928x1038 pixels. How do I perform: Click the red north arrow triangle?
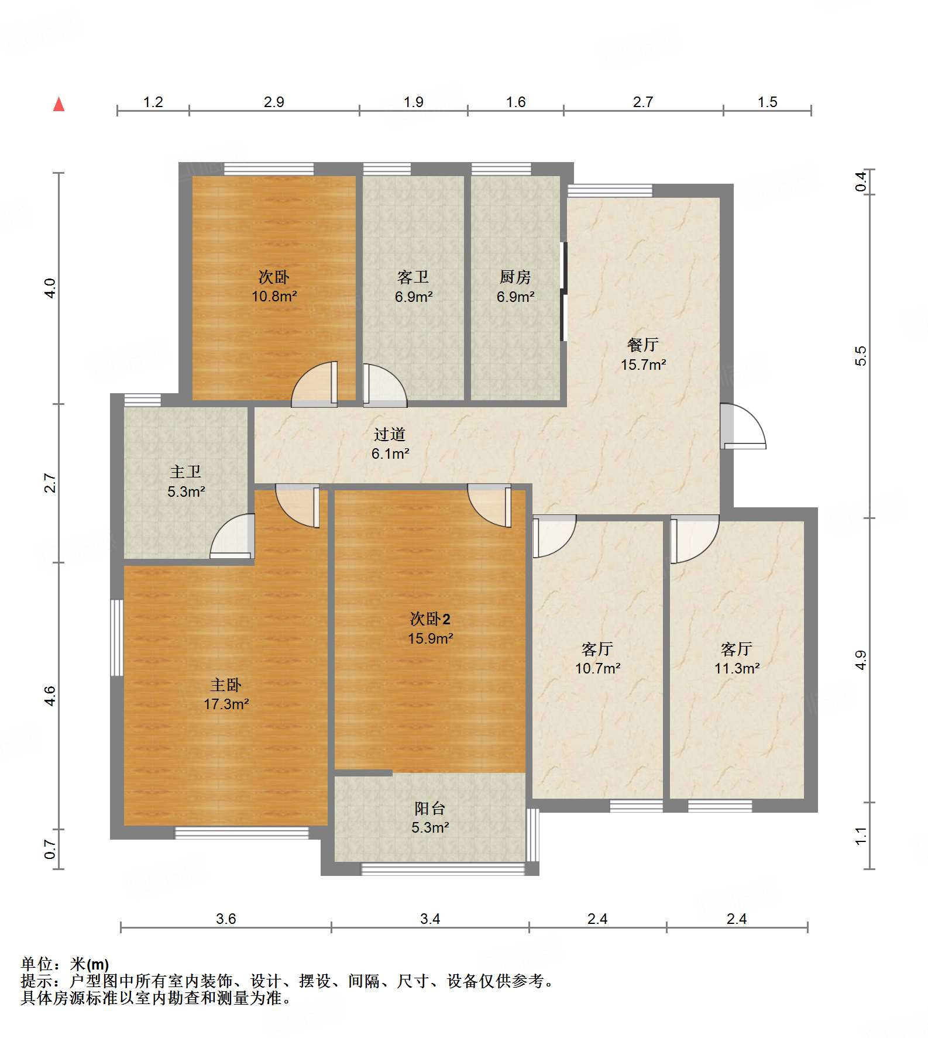(59, 104)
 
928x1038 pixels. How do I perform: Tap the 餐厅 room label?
(643, 345)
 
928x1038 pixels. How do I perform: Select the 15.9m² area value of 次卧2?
(431, 638)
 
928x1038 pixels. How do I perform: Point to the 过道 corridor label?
(390, 434)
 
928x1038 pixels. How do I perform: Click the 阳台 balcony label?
(430, 808)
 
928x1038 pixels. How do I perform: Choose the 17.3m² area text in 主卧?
(226, 704)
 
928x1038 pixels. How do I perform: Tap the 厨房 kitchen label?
(515, 277)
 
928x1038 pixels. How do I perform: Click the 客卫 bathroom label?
(413, 277)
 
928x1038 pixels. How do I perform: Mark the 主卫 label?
(185, 472)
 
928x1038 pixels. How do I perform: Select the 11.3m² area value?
(737, 668)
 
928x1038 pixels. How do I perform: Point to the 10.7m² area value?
(597, 668)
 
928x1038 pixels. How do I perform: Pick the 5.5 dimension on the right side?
(861, 356)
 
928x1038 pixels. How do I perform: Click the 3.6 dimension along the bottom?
(226, 919)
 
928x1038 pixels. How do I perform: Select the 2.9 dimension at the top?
(274, 102)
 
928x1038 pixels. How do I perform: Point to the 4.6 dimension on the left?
(50, 696)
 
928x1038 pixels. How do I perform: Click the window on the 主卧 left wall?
(117, 638)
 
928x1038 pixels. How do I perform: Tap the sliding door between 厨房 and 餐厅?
(564, 291)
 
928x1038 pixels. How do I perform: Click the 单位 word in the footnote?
(37, 964)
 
